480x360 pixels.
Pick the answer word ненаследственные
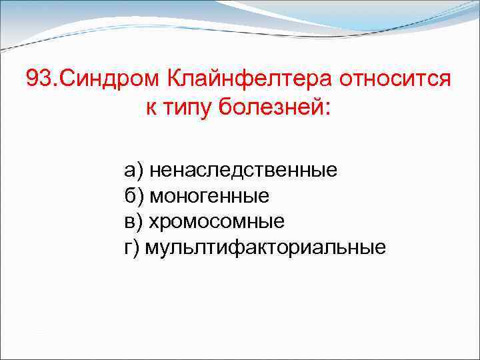click(x=243, y=171)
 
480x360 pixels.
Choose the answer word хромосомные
click(x=216, y=221)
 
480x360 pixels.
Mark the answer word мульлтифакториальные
click(x=265, y=247)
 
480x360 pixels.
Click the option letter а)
click(x=133, y=171)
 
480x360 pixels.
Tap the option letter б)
click(x=134, y=196)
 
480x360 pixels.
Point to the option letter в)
click(x=133, y=221)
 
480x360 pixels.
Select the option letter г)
click(x=132, y=247)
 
